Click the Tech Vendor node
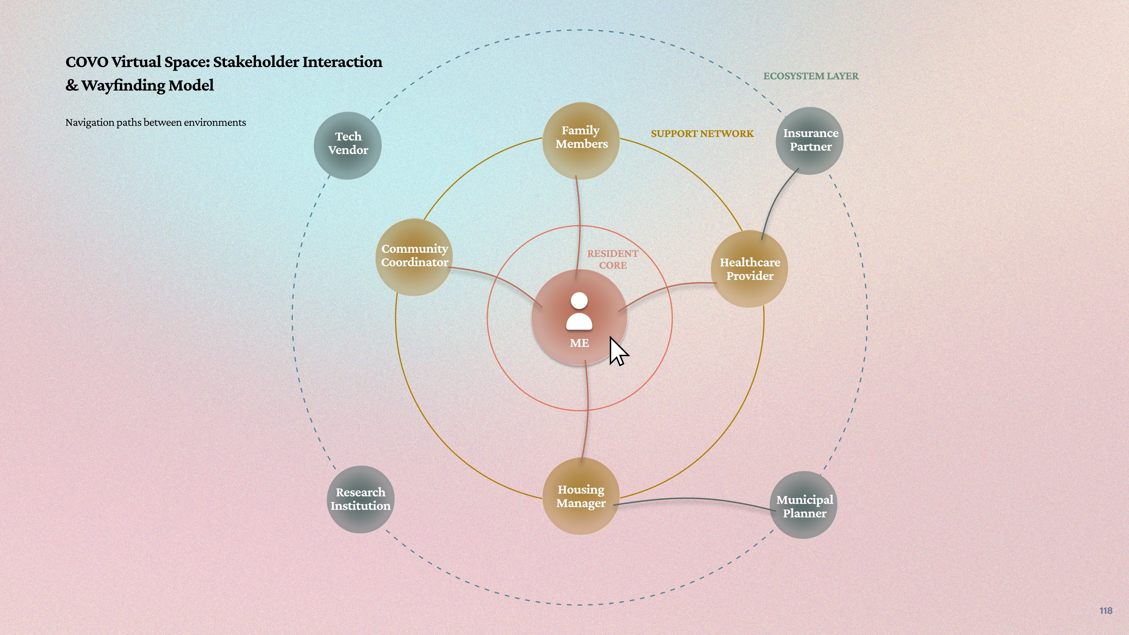tap(348, 146)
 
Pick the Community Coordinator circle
tap(414, 257)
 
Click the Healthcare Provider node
tap(749, 269)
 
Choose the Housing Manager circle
tap(581, 496)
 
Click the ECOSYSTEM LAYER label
tap(811, 76)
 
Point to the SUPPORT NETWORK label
tap(702, 134)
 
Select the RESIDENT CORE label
tap(613, 259)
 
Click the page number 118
tap(1106, 611)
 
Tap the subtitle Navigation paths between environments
tap(156, 123)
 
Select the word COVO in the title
tap(87, 62)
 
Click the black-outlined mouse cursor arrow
tap(618, 351)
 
